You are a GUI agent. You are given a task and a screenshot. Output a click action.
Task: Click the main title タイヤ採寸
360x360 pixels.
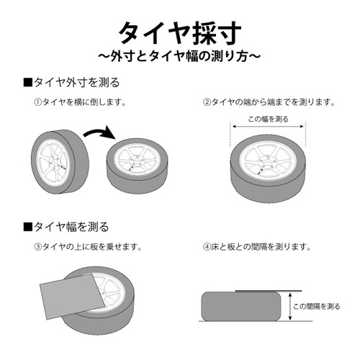pos(179,32)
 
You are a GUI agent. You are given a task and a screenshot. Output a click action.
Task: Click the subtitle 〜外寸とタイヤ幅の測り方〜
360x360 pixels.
pos(179,55)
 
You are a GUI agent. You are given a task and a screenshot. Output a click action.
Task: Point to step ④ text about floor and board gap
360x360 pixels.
pos(257,247)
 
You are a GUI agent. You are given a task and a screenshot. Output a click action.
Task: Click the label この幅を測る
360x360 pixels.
pos(268,119)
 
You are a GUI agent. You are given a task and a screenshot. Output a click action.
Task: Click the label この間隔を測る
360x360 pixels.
pos(316,306)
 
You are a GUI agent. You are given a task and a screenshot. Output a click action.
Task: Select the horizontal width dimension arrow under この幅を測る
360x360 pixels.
pos(268,127)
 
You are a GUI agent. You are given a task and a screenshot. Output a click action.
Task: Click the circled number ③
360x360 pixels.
pos(37,247)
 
